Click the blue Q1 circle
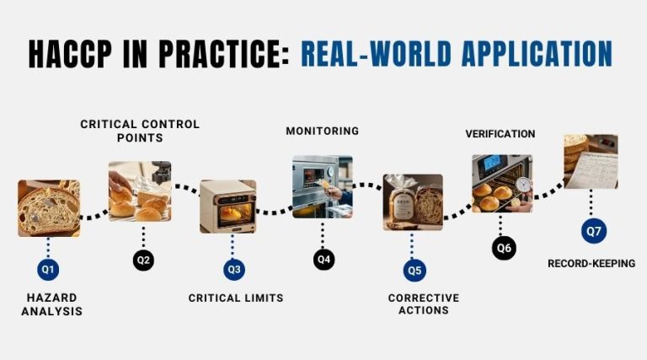pyautogui.click(x=48, y=270)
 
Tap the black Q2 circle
pyautogui.click(x=143, y=260)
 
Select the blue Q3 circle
pyautogui.click(x=234, y=270)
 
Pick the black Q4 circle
pyautogui.click(x=323, y=260)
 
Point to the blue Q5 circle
pyautogui.click(x=414, y=271)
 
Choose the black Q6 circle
pyautogui.click(x=504, y=248)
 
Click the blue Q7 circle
pyautogui.click(x=594, y=231)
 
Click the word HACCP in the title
pyautogui.click(x=70, y=54)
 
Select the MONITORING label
pyautogui.click(x=323, y=131)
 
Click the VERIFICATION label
pyautogui.click(x=500, y=134)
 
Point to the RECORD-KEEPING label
pyautogui.click(x=591, y=263)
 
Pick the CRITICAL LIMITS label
pyautogui.click(x=236, y=298)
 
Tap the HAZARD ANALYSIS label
pyautogui.click(x=52, y=304)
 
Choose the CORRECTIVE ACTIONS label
pyautogui.click(x=424, y=304)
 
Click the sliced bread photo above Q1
pyautogui.click(x=49, y=208)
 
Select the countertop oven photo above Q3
pyautogui.click(x=227, y=207)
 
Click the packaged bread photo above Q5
pyautogui.click(x=413, y=201)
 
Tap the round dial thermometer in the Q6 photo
pyautogui.click(x=523, y=184)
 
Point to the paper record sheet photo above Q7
pyautogui.click(x=591, y=161)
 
